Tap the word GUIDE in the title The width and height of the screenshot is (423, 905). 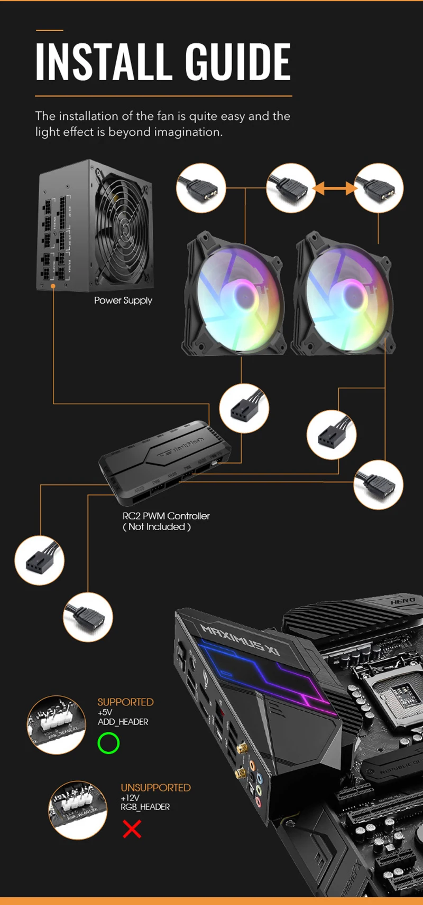coord(238,62)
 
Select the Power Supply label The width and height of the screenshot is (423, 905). coord(123,300)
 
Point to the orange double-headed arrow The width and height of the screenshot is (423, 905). coord(335,187)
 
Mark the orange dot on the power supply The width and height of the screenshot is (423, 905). coord(53,286)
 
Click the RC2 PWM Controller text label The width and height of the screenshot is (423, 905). coord(166,516)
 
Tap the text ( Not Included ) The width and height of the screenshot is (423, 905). coord(157,527)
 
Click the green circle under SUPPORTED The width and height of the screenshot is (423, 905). coord(108,743)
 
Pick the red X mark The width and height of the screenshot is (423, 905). coord(132,829)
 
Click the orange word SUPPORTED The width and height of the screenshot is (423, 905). coord(125,702)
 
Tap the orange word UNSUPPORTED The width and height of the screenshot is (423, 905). coord(155,788)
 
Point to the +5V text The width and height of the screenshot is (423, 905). coord(105,712)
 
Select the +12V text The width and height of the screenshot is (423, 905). coord(130,798)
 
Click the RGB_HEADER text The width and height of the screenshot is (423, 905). coord(145,807)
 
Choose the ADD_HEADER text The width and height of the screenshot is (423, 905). coord(123,722)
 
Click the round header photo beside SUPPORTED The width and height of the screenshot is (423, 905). coord(56,725)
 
